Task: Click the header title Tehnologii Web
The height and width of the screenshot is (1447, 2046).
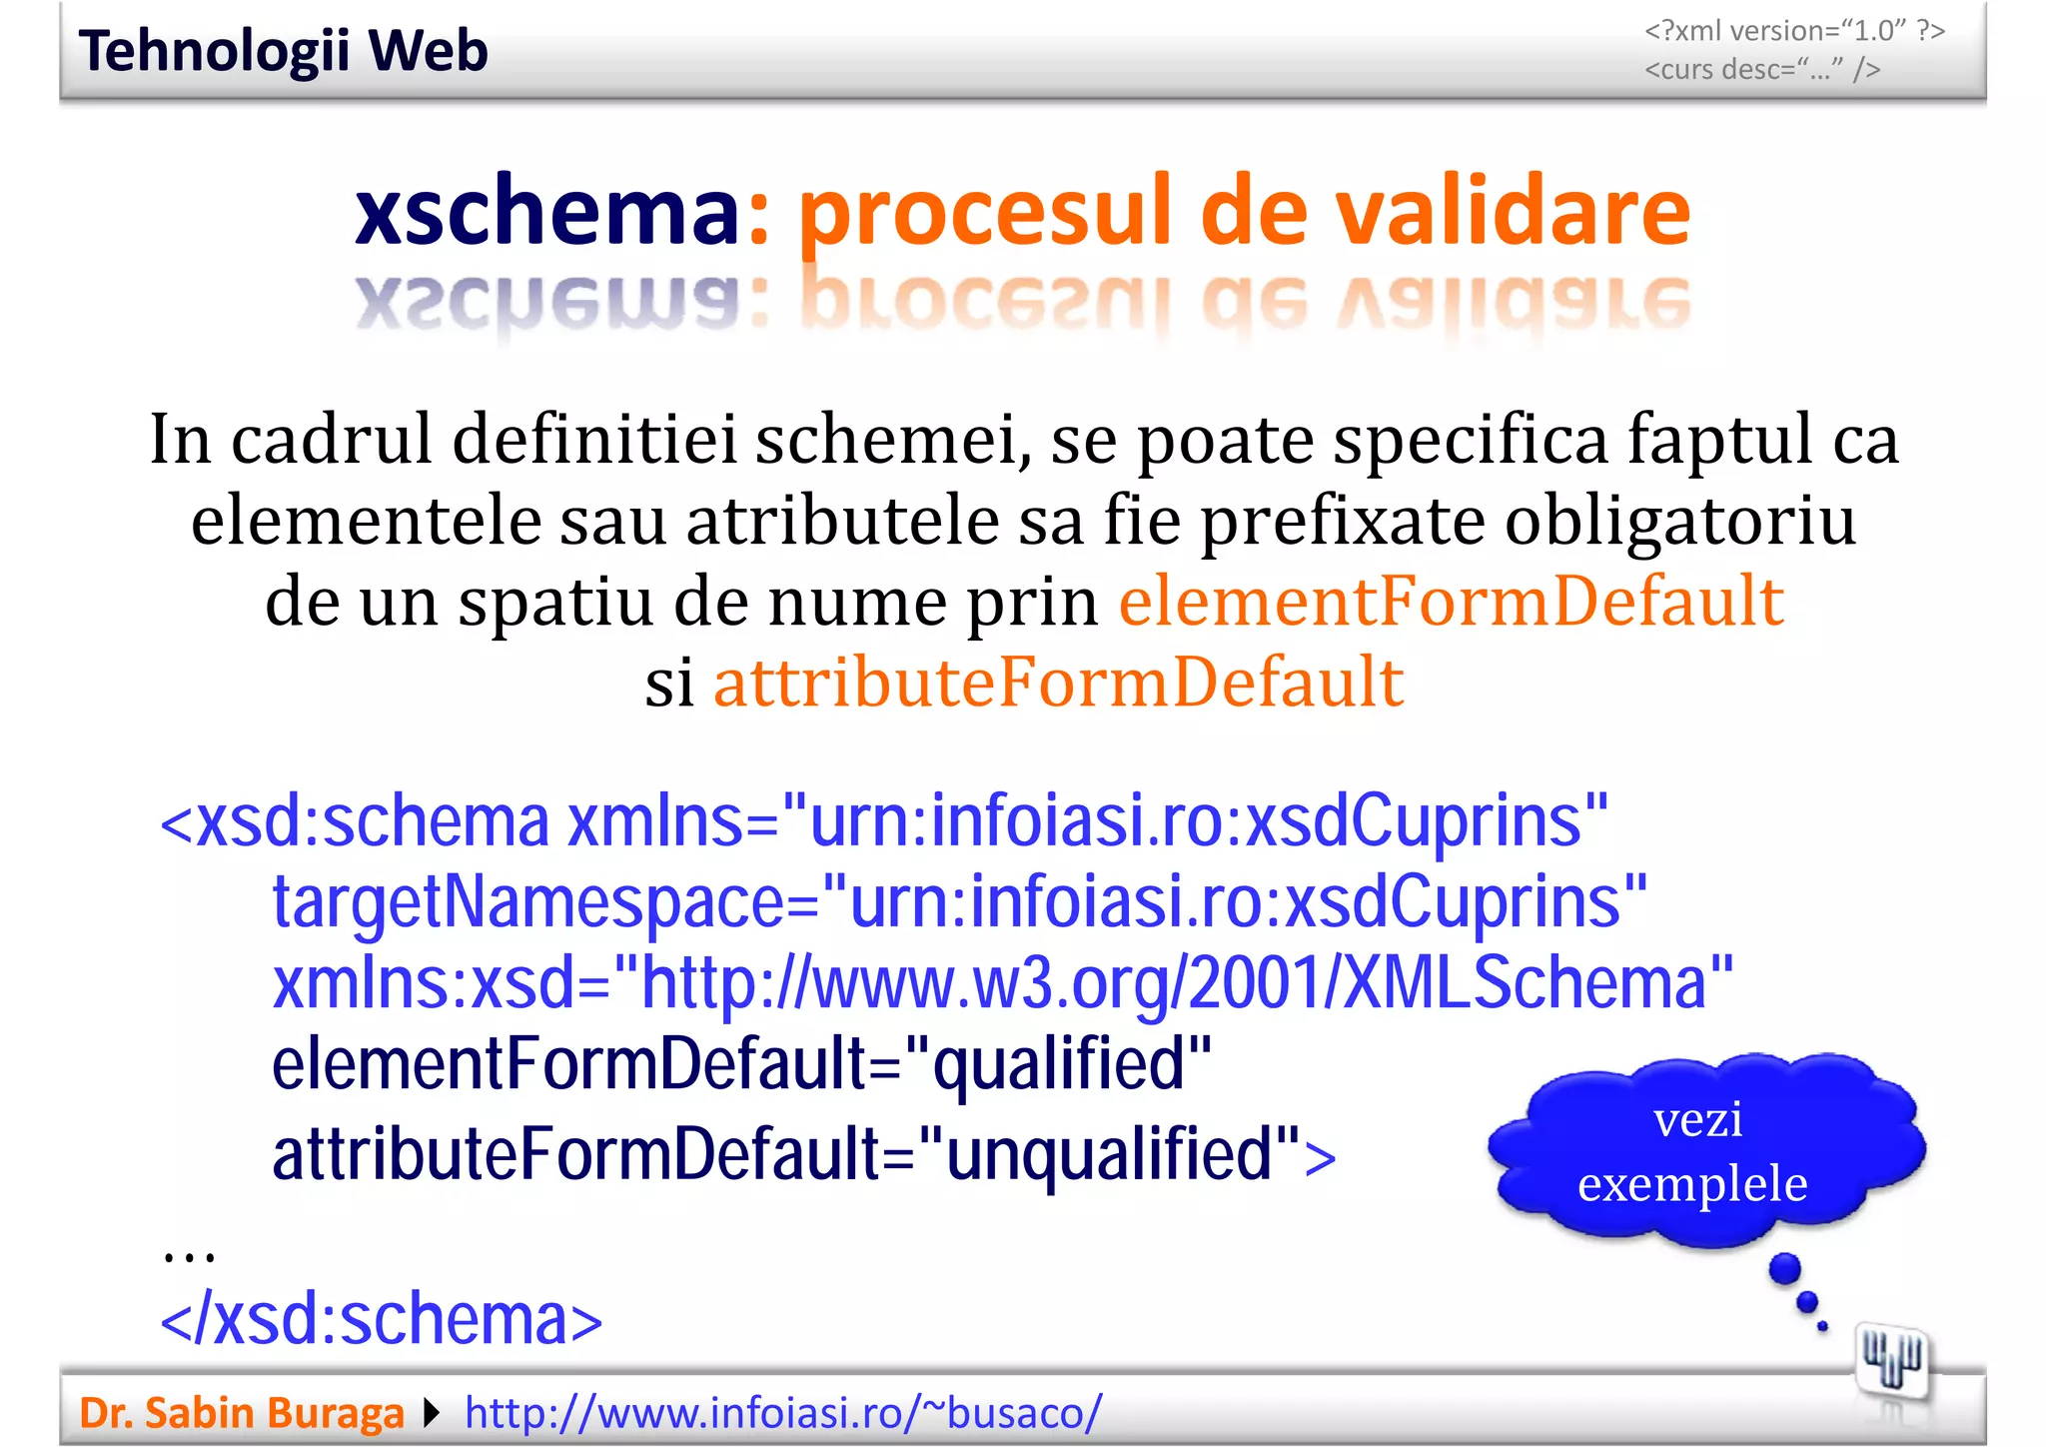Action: click(283, 52)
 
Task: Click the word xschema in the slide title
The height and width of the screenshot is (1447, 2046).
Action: click(546, 212)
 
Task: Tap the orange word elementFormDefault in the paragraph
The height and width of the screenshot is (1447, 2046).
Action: click(1451, 602)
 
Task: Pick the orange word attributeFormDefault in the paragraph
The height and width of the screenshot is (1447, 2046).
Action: click(1059, 683)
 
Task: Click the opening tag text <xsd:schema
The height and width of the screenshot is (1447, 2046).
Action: click(355, 822)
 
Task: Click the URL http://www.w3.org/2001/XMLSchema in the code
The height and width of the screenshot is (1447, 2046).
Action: click(1173, 983)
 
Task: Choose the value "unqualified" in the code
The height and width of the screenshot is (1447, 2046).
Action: click(1108, 1155)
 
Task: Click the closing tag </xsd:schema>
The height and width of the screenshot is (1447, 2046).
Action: click(381, 1320)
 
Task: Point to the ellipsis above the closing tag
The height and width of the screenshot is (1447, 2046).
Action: click(189, 1255)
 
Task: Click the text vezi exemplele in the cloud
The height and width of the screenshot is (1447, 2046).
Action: click(1694, 1152)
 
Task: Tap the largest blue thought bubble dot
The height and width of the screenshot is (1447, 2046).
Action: click(1784, 1270)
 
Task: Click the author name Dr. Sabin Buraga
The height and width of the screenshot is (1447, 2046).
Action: click(241, 1413)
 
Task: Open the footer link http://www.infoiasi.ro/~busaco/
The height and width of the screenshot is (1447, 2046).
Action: click(783, 1413)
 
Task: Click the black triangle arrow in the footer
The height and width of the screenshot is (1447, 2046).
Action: click(432, 1413)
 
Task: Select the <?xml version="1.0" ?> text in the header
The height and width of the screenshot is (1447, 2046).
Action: click(1794, 31)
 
